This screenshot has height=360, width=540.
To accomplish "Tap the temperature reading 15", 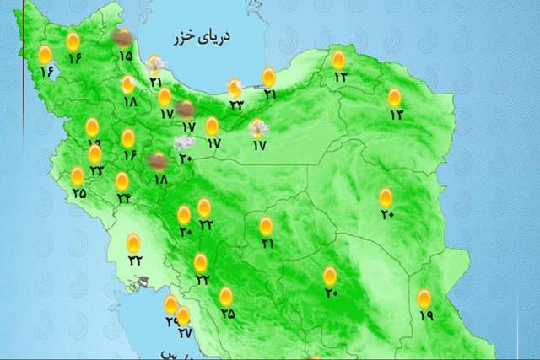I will pyautogui.click(x=125, y=56).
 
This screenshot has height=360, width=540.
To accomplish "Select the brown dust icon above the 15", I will pyautogui.click(x=123, y=37).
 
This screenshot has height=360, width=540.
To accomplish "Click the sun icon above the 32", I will pyautogui.click(x=133, y=244).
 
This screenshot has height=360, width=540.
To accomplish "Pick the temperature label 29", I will pyautogui.click(x=171, y=321).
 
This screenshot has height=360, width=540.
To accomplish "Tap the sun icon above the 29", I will pyautogui.click(x=170, y=304).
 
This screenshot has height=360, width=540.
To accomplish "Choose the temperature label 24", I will pyautogui.click(x=124, y=199).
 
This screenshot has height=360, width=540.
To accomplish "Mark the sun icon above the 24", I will pyautogui.click(x=122, y=181).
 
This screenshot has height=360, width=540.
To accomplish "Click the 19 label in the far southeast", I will pyautogui.click(x=424, y=315).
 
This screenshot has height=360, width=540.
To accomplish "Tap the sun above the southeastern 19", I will pyautogui.click(x=424, y=298).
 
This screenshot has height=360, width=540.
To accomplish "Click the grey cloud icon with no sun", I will pyautogui.click(x=181, y=141).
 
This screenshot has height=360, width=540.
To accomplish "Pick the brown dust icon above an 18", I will pyautogui.click(x=157, y=161).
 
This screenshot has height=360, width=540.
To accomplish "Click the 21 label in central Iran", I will pyautogui.click(x=267, y=244).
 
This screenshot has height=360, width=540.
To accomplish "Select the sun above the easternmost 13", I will pyautogui.click(x=395, y=97).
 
